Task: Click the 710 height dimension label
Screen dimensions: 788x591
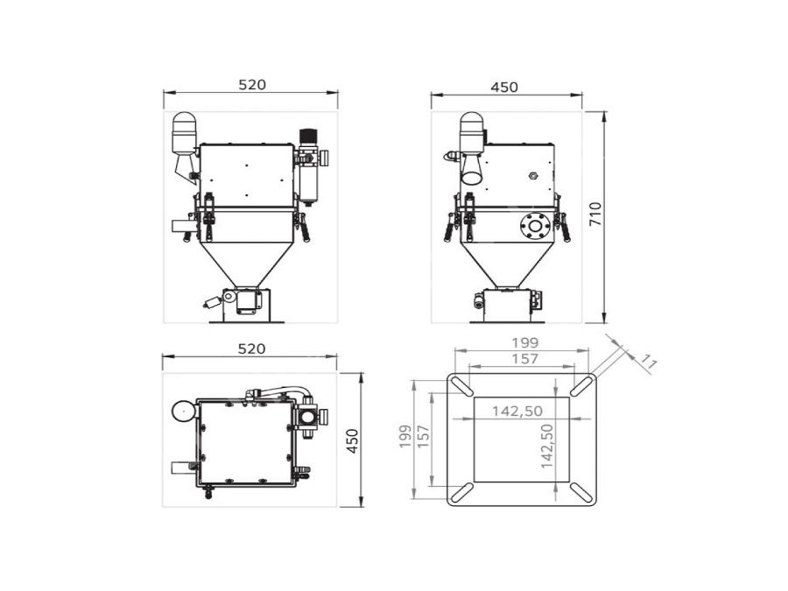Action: (x=595, y=213)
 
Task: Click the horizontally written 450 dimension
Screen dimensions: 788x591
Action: (x=504, y=88)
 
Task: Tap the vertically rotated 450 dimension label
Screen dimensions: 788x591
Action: (x=354, y=440)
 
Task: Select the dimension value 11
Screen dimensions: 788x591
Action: (x=648, y=362)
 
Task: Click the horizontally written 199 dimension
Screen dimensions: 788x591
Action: (x=525, y=342)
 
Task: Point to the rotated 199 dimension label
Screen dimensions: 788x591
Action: (x=405, y=437)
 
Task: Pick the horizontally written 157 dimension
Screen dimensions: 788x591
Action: (x=525, y=359)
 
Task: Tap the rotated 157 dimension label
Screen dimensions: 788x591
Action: (x=423, y=437)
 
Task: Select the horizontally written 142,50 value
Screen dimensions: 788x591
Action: (x=517, y=412)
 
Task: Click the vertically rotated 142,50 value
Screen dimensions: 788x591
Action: (x=546, y=447)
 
